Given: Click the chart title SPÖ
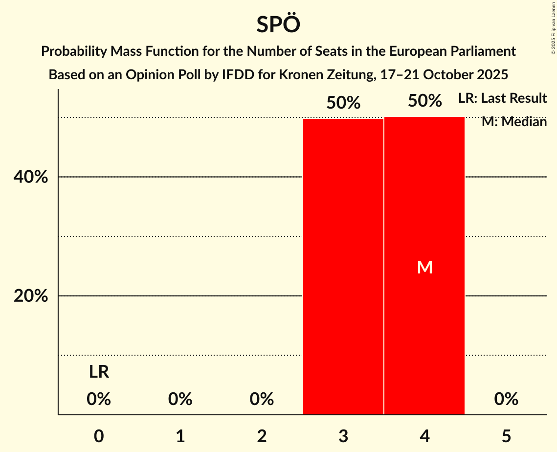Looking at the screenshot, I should point(278,24).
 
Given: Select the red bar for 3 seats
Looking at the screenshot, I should point(343,267).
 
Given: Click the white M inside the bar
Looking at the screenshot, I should point(424,267).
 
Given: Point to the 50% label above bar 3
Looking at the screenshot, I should point(343,103).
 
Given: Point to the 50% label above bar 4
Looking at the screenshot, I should point(424,101).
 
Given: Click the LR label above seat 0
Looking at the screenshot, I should point(99,372).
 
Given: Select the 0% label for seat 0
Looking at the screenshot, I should point(99,399).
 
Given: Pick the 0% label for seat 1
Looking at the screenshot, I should point(180,399).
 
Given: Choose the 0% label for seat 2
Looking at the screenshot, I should point(262,399).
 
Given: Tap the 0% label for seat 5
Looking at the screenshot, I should point(506,399).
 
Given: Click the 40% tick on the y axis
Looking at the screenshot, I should point(31,177).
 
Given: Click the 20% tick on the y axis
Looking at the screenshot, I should point(31,296).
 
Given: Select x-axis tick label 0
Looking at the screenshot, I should point(99,435).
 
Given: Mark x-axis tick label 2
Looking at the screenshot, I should point(262,435).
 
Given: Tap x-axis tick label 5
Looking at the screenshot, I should point(506,435).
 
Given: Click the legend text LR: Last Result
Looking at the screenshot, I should point(502,98).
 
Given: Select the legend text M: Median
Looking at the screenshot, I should point(513,121).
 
